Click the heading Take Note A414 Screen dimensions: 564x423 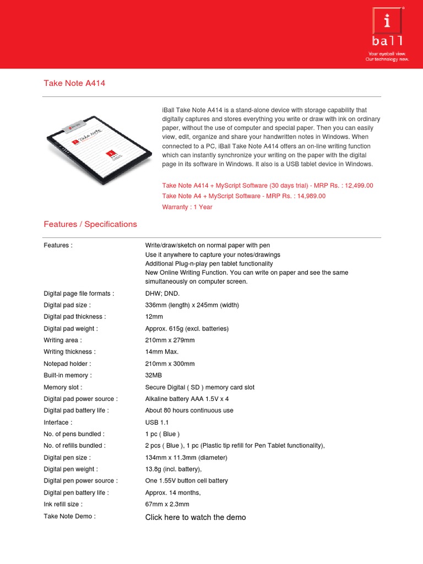pyautogui.click(x=74, y=83)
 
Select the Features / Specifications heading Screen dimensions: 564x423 pyautogui.click(x=90, y=224)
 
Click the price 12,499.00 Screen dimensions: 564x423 pyautogui.click(x=357, y=186)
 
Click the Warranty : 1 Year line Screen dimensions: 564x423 pyautogui.click(x=187, y=207)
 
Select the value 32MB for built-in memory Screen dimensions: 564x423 pyautogui.click(x=154, y=376)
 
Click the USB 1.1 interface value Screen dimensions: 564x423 pyautogui.click(x=157, y=422)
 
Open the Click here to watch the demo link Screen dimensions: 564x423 pyautogui.click(x=196, y=517)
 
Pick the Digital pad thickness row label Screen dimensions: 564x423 pyautogui.click(x=74, y=317)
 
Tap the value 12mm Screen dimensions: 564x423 pyautogui.click(x=154, y=317)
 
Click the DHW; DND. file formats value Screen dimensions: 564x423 pyautogui.click(x=162, y=294)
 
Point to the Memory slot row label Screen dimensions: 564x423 pyautogui.click(x=63, y=387)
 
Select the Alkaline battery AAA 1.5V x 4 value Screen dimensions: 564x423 pyautogui.click(x=187, y=399)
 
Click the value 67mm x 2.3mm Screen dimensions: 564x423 pyautogui.click(x=167, y=504)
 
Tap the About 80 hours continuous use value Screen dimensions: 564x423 pyautogui.click(x=189, y=410)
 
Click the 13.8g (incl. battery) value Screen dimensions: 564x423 pyautogui.click(x=173, y=469)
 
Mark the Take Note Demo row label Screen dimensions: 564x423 pyautogui.click(x=69, y=516)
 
